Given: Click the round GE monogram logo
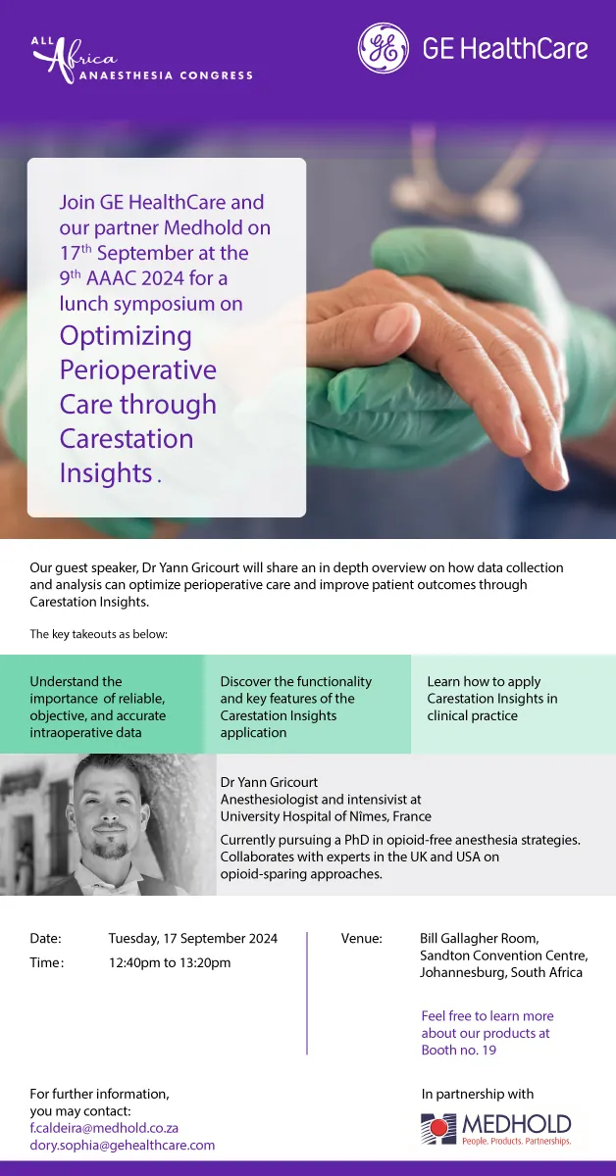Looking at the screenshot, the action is click(x=384, y=48).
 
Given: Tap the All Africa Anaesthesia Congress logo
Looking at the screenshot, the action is click(x=142, y=61).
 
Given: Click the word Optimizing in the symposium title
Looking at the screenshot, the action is click(x=126, y=337).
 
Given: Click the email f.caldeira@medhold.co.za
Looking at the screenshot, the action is click(x=104, y=1128).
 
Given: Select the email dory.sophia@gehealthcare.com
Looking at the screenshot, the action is click(x=123, y=1145).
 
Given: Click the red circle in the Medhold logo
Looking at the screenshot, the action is click(x=438, y=1126).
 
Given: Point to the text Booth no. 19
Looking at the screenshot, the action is click(x=459, y=1050).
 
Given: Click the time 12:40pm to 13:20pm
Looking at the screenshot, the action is click(x=170, y=962).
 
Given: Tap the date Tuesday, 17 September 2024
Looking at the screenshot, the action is click(x=193, y=939).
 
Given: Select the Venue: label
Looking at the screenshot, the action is click(x=362, y=938).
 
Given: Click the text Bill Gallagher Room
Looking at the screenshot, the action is click(x=480, y=939).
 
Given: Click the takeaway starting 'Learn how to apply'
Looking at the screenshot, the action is click(x=492, y=698).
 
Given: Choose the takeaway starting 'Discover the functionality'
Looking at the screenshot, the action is click(x=296, y=707).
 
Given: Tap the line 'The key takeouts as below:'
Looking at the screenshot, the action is click(x=99, y=634).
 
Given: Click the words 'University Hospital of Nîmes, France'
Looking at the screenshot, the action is click(x=326, y=816).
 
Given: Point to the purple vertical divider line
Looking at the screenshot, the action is click(x=307, y=994).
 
